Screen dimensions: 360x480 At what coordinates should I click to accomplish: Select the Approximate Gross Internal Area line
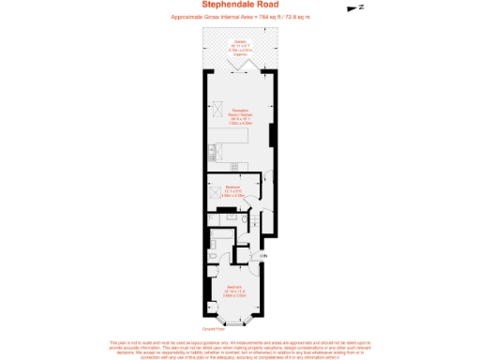click(x=240, y=18)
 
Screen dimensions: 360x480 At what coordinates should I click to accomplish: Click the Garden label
click(x=240, y=42)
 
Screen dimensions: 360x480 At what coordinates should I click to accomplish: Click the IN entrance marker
click(x=263, y=255)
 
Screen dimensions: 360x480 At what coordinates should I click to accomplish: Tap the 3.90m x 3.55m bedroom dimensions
click(x=234, y=294)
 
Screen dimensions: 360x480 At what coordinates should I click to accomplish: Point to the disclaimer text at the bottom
click(x=240, y=349)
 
